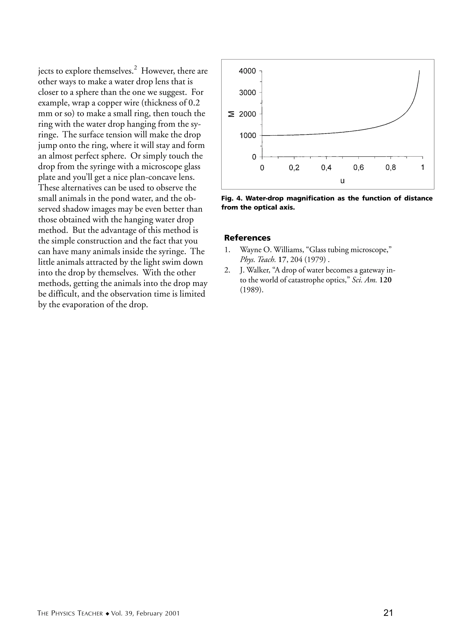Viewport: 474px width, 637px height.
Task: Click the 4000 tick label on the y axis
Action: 247,71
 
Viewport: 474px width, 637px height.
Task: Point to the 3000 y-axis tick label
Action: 247,92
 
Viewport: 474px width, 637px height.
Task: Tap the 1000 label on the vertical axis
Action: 247,135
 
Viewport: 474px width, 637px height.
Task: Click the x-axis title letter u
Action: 342,181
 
